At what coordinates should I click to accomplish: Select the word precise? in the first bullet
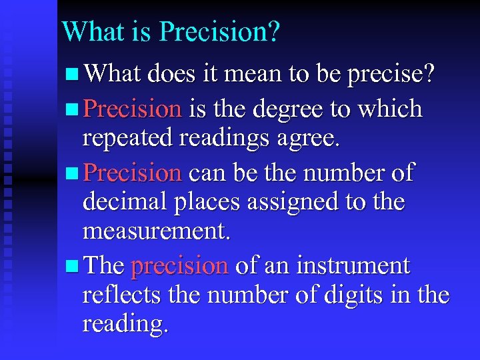pyautogui.click(x=392, y=75)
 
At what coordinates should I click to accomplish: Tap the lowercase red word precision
pyautogui.click(x=180, y=267)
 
